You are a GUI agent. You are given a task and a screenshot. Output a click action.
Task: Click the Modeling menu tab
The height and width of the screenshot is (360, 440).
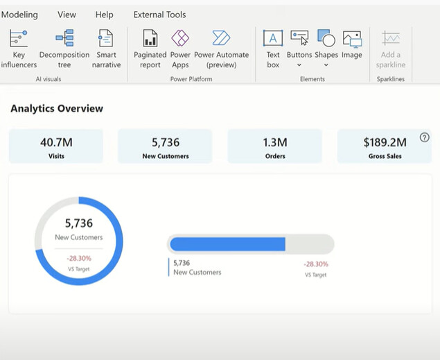(20, 15)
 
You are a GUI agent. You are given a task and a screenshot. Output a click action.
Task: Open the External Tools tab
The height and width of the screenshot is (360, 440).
(159, 15)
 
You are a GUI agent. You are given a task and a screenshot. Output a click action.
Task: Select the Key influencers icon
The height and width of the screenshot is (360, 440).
(19, 38)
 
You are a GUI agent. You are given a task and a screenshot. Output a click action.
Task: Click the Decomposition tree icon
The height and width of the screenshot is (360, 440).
(64, 38)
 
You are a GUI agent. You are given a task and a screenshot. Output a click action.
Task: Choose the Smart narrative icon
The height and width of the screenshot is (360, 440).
(106, 38)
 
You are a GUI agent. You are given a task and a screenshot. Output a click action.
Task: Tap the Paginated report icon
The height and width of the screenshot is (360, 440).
(150, 38)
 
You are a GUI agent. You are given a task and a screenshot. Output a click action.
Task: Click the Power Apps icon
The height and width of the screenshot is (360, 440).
(180, 38)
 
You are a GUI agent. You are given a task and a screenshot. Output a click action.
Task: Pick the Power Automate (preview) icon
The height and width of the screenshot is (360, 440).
(221, 38)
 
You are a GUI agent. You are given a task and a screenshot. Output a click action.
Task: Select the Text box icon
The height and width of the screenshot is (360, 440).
(273, 38)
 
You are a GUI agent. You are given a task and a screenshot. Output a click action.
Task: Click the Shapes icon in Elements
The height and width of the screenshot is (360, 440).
(326, 38)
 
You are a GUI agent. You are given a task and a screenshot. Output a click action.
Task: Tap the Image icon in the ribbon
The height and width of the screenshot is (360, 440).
(352, 38)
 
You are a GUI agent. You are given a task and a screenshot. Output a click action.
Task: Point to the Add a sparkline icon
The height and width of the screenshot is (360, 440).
(391, 38)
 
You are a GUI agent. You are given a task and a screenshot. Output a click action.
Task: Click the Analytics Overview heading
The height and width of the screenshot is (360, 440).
(57, 108)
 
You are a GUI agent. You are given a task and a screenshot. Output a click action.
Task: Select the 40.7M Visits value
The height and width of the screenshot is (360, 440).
(56, 142)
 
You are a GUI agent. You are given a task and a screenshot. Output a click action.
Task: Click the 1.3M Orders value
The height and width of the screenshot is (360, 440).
(274, 142)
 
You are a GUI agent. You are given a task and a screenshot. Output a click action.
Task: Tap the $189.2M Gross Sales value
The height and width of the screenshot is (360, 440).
(385, 142)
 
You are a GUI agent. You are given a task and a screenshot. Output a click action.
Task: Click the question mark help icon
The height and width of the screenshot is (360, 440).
(425, 138)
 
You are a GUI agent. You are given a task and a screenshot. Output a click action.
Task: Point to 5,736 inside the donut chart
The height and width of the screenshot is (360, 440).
(78, 223)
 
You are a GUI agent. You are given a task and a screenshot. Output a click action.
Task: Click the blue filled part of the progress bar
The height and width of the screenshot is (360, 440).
(227, 244)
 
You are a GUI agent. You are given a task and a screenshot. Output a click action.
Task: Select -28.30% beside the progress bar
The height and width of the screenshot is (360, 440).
(316, 264)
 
